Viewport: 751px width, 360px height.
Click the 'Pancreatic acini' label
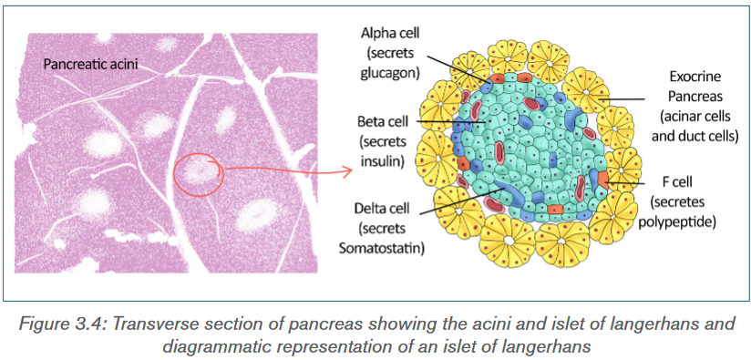tap(90, 64)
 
